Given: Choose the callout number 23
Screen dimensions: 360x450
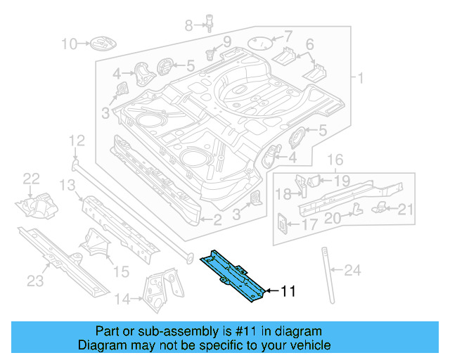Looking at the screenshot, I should (35, 281).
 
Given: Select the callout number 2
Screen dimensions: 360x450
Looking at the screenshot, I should (217, 220).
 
